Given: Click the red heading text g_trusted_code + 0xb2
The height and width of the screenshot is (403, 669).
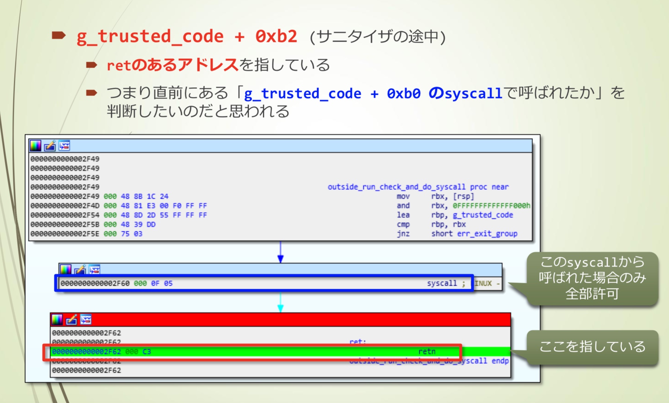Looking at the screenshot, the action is (187, 36).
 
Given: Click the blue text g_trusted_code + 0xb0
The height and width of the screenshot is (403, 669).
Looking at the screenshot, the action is (332, 93).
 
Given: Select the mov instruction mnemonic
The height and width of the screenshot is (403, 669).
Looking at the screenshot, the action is (403, 196).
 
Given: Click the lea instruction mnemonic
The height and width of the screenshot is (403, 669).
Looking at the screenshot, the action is (403, 215).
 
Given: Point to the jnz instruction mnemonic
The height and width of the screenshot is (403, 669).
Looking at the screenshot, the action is (403, 234).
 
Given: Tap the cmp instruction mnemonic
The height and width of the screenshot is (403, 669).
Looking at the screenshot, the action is (403, 224).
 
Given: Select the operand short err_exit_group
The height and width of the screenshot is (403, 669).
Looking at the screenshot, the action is (474, 234).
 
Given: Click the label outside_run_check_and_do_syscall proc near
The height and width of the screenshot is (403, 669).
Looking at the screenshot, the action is (418, 187).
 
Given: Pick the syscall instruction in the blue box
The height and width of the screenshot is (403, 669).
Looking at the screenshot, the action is (442, 283).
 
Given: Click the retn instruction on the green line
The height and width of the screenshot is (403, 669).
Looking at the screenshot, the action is (426, 351).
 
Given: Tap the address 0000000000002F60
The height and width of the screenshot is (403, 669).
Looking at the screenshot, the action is (95, 283).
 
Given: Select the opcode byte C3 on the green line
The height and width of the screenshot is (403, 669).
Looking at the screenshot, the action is (147, 351).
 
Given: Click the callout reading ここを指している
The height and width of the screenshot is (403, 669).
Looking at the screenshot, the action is (592, 346).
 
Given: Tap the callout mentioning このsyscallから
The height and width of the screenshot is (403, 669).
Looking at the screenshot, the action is (592, 278).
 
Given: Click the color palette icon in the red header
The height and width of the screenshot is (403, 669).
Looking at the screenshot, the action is (57, 319).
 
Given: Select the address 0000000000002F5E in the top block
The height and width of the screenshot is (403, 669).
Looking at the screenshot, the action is (65, 234).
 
